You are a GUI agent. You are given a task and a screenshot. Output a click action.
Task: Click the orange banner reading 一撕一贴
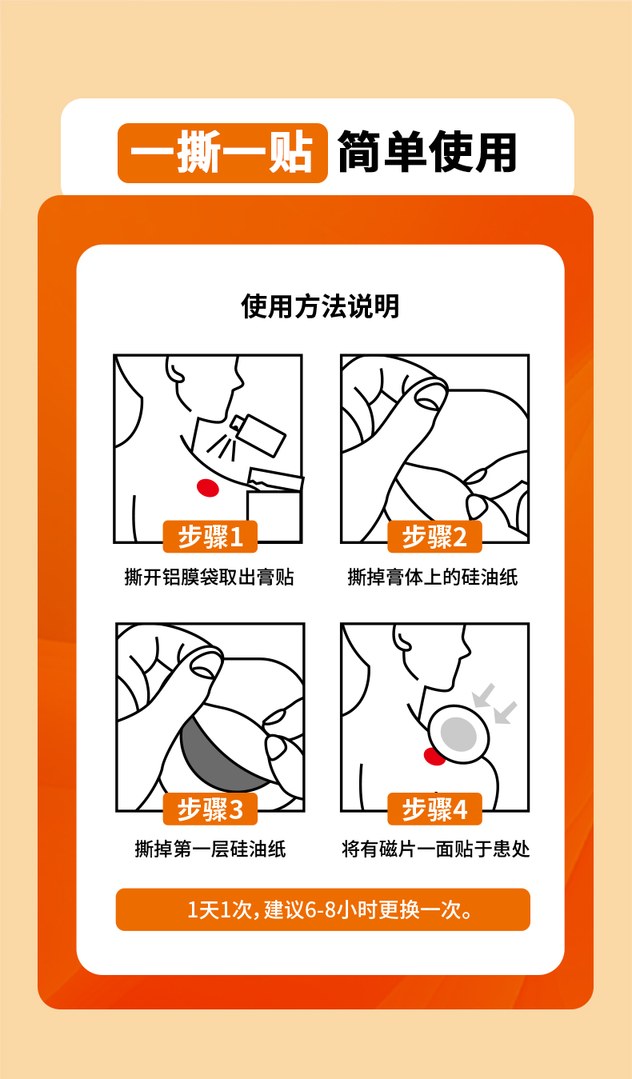[x=222, y=154]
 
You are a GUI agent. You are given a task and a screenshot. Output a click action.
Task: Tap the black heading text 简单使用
[x=426, y=152]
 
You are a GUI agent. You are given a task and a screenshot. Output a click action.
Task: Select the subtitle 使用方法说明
[x=320, y=306]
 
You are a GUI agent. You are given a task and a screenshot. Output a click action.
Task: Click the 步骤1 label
[x=210, y=537]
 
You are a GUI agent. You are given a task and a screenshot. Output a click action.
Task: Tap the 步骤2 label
[x=434, y=537]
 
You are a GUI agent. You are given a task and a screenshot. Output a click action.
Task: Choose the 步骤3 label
[x=210, y=809]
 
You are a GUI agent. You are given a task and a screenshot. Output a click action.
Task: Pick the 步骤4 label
[x=434, y=809]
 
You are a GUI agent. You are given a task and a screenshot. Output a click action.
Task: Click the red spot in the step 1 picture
[x=208, y=488]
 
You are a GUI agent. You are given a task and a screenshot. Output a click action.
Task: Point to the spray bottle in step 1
[x=258, y=434]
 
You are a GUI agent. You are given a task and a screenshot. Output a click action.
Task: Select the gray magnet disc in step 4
[x=458, y=734]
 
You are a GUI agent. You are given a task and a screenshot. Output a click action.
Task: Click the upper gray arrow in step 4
[x=484, y=695]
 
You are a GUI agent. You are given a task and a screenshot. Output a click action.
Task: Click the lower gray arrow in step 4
[x=506, y=713]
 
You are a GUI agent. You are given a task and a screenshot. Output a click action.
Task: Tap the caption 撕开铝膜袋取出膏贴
[x=209, y=577]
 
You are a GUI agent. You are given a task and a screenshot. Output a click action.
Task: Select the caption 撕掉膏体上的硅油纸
[x=433, y=577]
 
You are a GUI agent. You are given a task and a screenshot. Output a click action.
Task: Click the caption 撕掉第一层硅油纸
[x=210, y=849]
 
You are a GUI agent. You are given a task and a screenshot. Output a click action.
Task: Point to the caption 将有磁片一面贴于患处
[x=435, y=849]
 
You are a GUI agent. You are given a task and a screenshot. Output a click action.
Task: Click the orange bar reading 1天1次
[x=322, y=909]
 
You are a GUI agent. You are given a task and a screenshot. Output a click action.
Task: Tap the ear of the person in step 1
[x=174, y=370]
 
